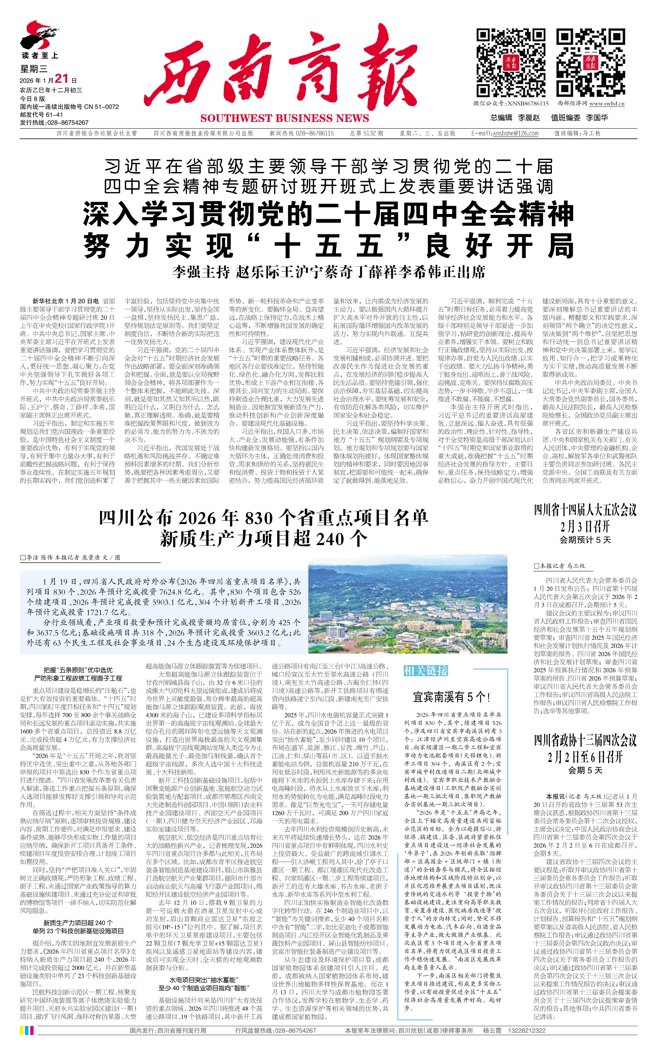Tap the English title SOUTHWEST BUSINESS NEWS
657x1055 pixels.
pos(285,118)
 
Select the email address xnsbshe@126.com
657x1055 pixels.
pos(515,133)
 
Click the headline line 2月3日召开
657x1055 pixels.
pos(585,527)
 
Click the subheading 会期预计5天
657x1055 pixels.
pos(585,540)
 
